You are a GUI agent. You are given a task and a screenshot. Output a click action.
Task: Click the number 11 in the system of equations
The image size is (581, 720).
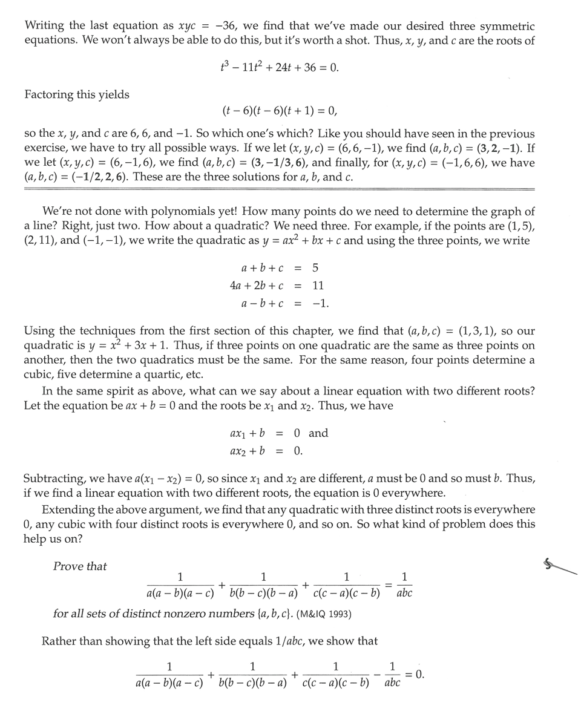318,285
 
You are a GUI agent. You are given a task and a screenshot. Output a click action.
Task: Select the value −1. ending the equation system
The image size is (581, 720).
320,303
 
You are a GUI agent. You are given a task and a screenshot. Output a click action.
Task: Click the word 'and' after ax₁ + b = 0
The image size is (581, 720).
318,433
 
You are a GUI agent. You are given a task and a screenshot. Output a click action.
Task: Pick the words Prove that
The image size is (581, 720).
79,566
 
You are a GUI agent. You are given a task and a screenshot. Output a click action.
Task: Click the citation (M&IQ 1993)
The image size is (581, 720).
324,614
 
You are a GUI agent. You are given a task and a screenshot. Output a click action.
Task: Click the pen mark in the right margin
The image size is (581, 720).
560,566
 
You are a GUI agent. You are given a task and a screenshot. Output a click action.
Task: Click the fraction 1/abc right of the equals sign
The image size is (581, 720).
404,584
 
